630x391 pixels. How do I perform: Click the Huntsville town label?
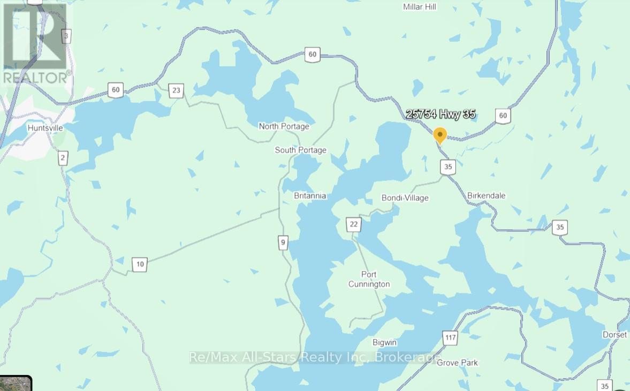[45, 129]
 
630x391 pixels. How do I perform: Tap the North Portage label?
[284, 126]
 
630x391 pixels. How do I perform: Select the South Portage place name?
[300, 150]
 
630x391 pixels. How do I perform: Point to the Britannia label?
[310, 196]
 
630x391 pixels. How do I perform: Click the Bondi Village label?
[405, 198]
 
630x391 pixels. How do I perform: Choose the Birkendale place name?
[486, 195]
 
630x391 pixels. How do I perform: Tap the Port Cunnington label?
[369, 280]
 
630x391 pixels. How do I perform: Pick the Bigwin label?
[383, 342]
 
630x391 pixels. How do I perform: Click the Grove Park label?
[457, 363]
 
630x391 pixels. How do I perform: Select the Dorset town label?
[614, 335]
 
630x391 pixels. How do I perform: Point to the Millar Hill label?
[419, 7]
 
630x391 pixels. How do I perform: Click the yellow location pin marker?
[439, 135]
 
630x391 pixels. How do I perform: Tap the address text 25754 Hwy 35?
[441, 114]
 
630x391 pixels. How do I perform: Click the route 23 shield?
[176, 91]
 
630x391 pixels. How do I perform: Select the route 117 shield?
[450, 338]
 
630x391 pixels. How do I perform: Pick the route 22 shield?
[353, 224]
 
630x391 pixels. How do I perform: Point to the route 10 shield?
[139, 264]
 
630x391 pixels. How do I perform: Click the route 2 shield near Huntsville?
[63, 157]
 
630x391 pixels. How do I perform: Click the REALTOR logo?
[36, 43]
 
